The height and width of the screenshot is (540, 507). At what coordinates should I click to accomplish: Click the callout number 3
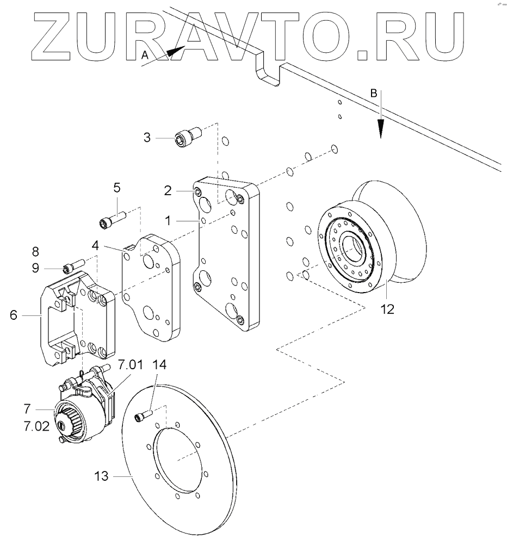147,137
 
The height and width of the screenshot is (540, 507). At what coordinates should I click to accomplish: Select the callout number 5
117,188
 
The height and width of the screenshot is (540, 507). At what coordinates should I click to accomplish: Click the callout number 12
387,309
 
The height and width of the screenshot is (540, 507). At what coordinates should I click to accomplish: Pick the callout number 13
101,476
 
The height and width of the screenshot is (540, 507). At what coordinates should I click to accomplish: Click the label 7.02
37,426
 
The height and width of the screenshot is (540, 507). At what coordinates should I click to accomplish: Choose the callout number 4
95,245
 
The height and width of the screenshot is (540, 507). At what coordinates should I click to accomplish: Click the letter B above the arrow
373,94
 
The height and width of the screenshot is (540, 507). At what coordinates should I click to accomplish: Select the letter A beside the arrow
144,54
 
